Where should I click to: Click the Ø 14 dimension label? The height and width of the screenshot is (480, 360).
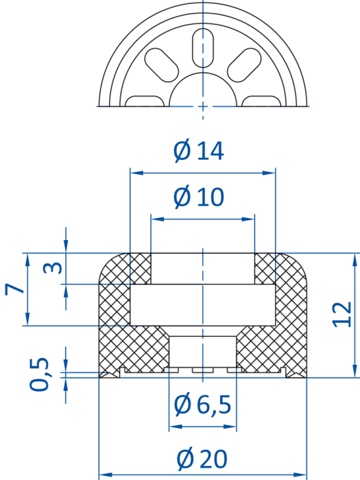coord(199,151)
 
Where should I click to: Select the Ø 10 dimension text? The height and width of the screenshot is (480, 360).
coord(199,197)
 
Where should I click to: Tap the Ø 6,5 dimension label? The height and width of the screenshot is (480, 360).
coord(202,405)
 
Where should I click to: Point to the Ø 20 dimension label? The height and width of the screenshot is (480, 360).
coord(202,459)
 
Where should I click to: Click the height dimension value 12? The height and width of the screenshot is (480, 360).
coord(343,315)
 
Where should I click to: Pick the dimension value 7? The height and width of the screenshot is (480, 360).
coord(14,289)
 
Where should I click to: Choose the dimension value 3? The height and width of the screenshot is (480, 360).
coord(53,268)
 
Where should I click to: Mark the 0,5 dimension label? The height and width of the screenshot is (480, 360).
coord(39,374)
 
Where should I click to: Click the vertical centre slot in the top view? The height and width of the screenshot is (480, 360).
coord(203,48)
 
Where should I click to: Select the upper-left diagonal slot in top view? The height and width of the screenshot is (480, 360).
coord(162,65)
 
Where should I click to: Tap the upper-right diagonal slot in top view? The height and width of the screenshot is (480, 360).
coord(244,65)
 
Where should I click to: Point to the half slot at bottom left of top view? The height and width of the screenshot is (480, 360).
coord(145,101)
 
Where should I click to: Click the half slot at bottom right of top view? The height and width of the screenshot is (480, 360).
coord(261,101)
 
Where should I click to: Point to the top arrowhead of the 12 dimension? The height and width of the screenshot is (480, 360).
coord(355,260)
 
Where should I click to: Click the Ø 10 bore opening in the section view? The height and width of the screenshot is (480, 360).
coord(203,269)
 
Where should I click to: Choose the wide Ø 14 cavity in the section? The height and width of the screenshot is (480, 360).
coord(203,305)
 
